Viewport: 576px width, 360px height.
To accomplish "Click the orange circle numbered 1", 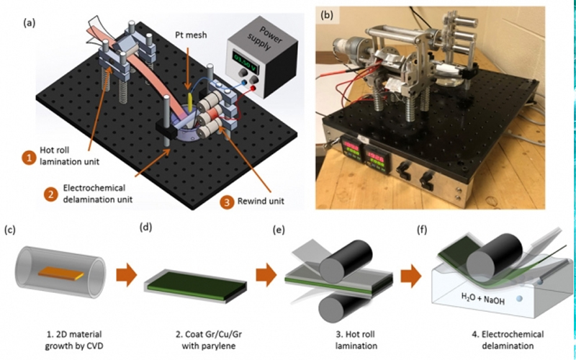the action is pos(28,158).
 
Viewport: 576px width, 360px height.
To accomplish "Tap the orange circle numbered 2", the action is pos(50,194).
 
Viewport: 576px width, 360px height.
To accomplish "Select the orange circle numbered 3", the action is pos(227,202).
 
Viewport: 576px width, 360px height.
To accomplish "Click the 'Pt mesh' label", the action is pos(191,35).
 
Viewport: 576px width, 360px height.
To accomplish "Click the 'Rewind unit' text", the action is pos(261,202).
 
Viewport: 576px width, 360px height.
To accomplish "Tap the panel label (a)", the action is pos(30,23).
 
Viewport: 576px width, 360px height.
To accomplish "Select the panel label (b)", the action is pos(327,15).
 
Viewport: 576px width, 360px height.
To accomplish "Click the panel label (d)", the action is pos(146,227).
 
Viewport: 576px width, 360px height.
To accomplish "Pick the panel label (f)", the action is pos(422,230).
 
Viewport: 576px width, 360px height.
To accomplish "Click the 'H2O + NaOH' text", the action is pos(482,298).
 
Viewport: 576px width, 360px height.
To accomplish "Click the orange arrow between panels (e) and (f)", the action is pos(410,276).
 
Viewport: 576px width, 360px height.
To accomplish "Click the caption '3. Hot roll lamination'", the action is pos(356,340).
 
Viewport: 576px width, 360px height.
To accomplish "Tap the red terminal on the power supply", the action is pos(253,88).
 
